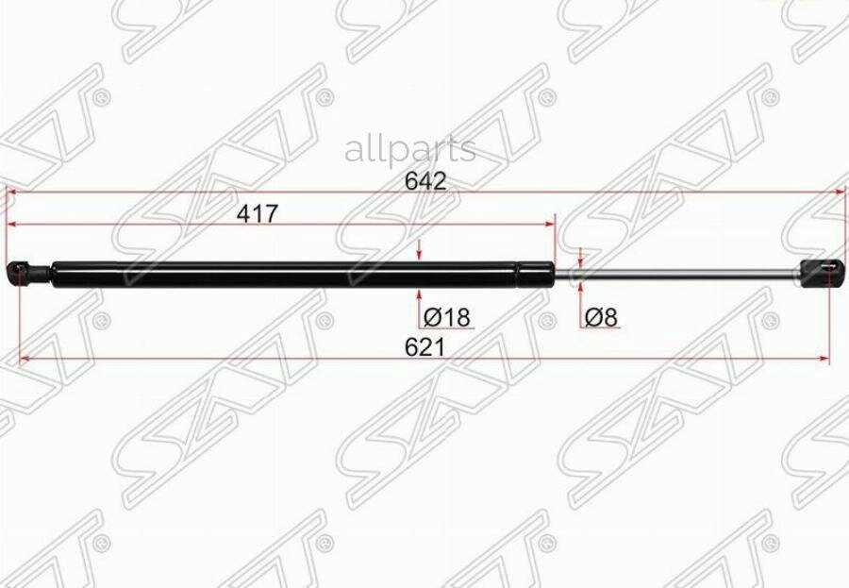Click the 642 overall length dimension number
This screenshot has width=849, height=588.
pos(425,181)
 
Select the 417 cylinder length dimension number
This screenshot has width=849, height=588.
pos(258,214)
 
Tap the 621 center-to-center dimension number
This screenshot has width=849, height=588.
pos(424,347)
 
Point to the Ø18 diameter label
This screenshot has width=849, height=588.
pos(447,317)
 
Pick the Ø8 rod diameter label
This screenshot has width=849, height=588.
pos(601,317)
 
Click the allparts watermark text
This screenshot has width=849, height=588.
pos(410,150)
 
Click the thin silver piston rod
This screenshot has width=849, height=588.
pos(677,275)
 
